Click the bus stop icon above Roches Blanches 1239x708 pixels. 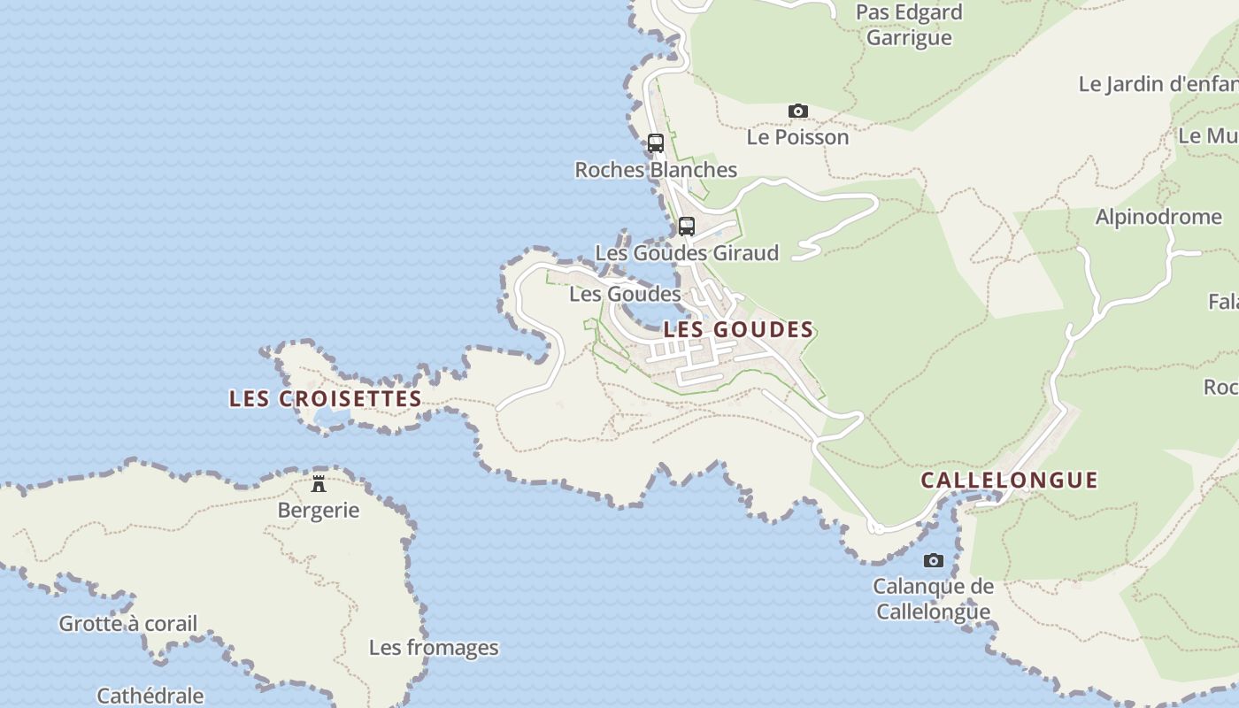point(656,142)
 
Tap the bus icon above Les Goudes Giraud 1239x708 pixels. point(687,226)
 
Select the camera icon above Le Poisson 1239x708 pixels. point(798,112)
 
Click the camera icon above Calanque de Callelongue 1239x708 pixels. point(933,560)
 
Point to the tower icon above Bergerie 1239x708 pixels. point(319,484)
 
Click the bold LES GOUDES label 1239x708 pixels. point(738,329)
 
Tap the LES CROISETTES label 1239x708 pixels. point(326,398)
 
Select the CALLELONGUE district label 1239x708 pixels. point(1009,480)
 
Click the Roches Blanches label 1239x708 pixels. point(656,170)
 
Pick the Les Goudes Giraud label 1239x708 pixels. point(687,253)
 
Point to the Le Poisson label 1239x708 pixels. point(797,137)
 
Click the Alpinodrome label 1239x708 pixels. point(1158,217)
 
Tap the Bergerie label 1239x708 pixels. point(319,511)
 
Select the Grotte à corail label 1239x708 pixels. point(128,624)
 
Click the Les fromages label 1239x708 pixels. point(434,648)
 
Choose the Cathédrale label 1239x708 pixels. point(150,696)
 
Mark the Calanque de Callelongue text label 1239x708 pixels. point(933,599)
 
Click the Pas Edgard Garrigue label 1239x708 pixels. point(909,25)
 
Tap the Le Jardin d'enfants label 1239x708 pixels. point(1158,84)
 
